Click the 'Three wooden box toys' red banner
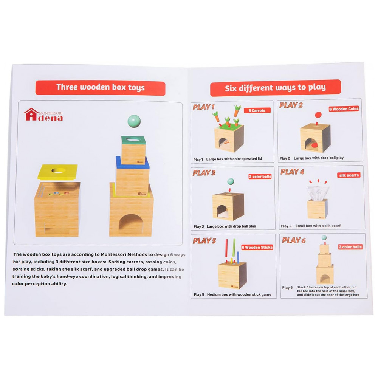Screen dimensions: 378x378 (100, 88)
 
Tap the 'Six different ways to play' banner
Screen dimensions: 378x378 (275, 88)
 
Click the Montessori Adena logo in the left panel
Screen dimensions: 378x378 (43, 115)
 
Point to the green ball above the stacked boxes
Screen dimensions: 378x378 (134, 121)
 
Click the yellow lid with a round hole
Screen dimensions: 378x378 (58, 172)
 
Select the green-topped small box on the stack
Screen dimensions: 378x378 (133, 150)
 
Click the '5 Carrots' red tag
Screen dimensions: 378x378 (257, 110)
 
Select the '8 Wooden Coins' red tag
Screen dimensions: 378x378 (344, 109)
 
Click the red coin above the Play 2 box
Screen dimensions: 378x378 (318, 115)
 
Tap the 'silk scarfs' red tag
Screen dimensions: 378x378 (349, 175)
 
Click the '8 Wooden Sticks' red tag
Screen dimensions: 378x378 (257, 247)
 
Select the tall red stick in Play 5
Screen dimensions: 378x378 (226, 248)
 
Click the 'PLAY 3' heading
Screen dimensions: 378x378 (204, 173)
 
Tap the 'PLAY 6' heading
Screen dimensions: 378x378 (294, 240)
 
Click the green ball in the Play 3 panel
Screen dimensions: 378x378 (231, 181)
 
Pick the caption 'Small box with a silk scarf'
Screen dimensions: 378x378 (318, 226)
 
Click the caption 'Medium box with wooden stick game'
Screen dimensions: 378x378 (239, 294)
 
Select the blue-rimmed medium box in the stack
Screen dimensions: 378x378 (132, 176)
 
